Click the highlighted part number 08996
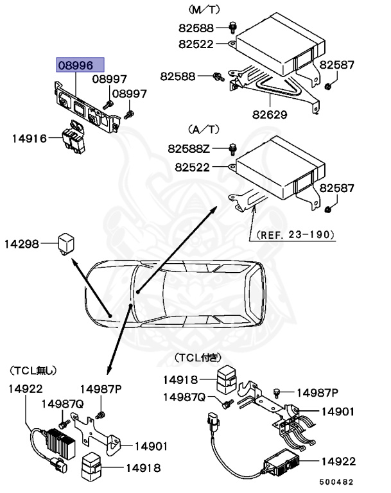[75, 65]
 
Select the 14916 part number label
[29, 137]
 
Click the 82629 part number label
[270, 116]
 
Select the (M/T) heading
[204, 10]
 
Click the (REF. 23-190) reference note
[296, 236]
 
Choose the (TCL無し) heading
[33, 370]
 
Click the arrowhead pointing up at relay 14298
[73, 262]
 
